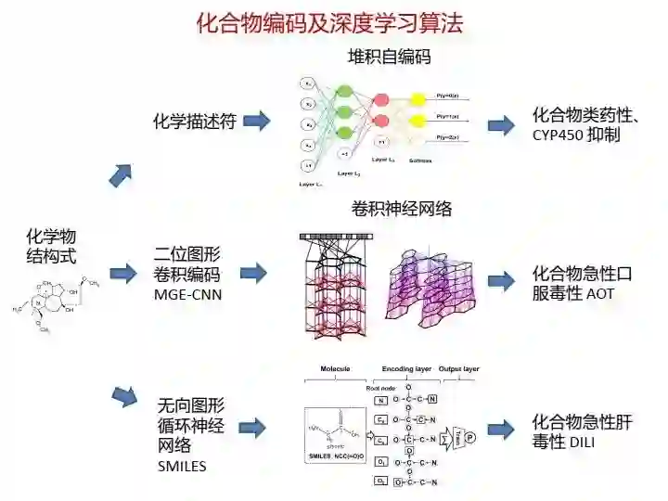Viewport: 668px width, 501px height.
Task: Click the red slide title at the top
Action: (x=328, y=23)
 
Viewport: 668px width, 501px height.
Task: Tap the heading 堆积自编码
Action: (x=389, y=58)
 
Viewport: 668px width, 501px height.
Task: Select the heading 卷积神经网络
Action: (x=402, y=209)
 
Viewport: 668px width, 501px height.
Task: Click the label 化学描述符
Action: (x=194, y=121)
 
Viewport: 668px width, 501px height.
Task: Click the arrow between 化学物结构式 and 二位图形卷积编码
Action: (x=123, y=273)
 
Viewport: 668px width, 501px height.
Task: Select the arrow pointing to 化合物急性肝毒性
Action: (x=502, y=430)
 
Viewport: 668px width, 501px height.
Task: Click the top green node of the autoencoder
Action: (x=344, y=92)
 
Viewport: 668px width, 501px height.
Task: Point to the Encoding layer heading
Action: (x=404, y=369)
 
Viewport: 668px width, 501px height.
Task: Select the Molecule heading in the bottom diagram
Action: (x=335, y=369)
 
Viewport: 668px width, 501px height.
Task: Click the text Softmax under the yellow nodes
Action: (x=419, y=160)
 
